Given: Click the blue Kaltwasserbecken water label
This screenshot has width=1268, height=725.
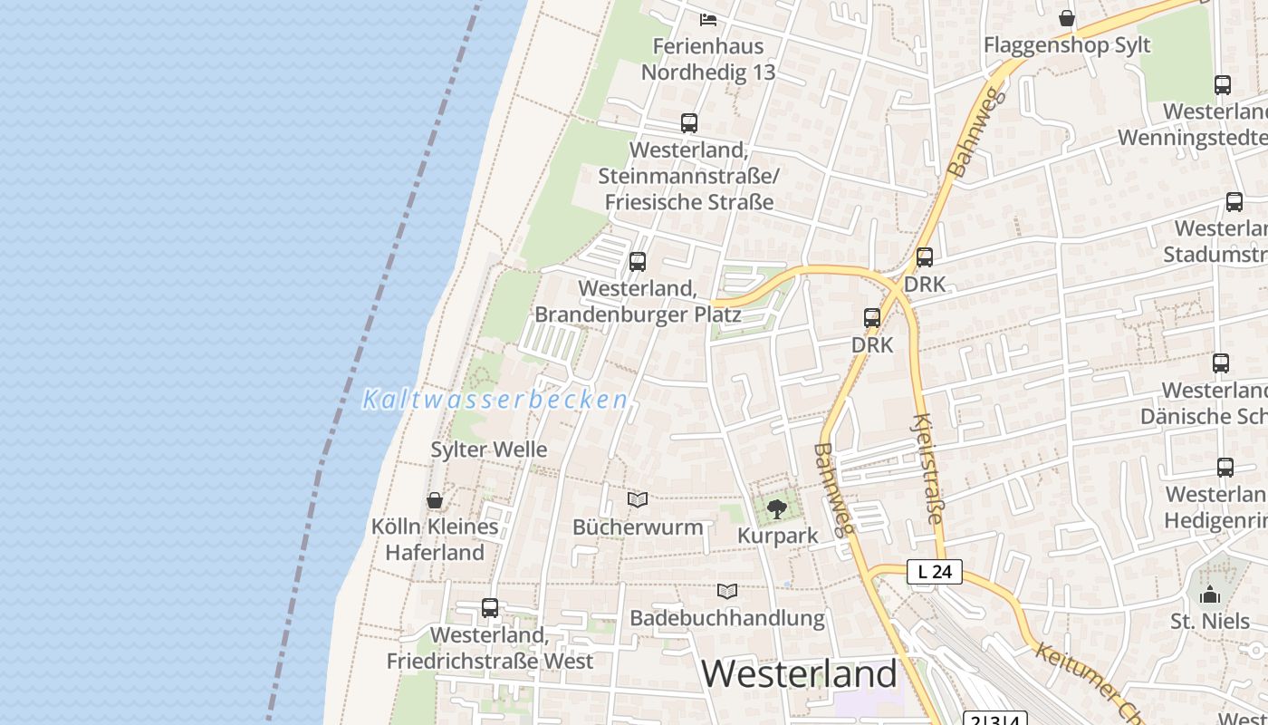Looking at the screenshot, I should pyautogui.click(x=495, y=400).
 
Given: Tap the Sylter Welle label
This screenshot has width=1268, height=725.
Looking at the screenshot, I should pyautogui.click(x=488, y=449).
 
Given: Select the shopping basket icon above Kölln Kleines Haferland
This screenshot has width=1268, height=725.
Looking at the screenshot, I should pyautogui.click(x=435, y=500).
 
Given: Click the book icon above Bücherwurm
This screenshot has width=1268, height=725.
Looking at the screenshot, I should pyautogui.click(x=638, y=500).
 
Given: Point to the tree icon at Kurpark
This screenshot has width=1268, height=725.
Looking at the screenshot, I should pyautogui.click(x=777, y=509).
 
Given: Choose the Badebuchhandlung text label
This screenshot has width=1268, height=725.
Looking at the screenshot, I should pyautogui.click(x=727, y=618).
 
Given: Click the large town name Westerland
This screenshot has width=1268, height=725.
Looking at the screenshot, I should pyautogui.click(x=799, y=673).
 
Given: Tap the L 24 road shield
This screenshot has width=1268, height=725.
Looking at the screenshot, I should pyautogui.click(x=934, y=572).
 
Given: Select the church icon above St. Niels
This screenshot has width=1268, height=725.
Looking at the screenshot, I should pyautogui.click(x=1210, y=594).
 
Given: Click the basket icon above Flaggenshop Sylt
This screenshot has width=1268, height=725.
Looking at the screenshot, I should pyautogui.click(x=1067, y=18).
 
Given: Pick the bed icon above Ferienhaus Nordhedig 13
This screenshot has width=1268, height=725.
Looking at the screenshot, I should pyautogui.click(x=708, y=19).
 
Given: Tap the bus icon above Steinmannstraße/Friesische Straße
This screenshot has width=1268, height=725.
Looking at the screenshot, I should pyautogui.click(x=689, y=123).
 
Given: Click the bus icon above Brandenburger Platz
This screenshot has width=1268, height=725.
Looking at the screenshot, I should pyautogui.click(x=638, y=262).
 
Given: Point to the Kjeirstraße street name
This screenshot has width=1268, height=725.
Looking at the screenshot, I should pyautogui.click(x=928, y=469).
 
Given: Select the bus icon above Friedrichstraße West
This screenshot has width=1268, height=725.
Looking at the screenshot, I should pyautogui.click(x=490, y=608).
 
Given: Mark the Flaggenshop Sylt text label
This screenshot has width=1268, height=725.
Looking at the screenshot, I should pyautogui.click(x=1067, y=45).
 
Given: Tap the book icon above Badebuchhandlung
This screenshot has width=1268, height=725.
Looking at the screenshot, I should pyautogui.click(x=727, y=592).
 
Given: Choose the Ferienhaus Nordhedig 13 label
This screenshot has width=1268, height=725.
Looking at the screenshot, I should pyautogui.click(x=708, y=59).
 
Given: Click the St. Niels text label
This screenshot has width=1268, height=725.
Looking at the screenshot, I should pyautogui.click(x=1210, y=622).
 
